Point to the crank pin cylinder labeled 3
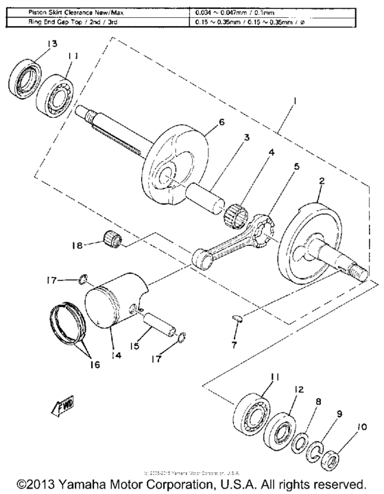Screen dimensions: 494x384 206,186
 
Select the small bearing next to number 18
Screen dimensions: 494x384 112,240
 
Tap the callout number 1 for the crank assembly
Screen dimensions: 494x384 292,101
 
